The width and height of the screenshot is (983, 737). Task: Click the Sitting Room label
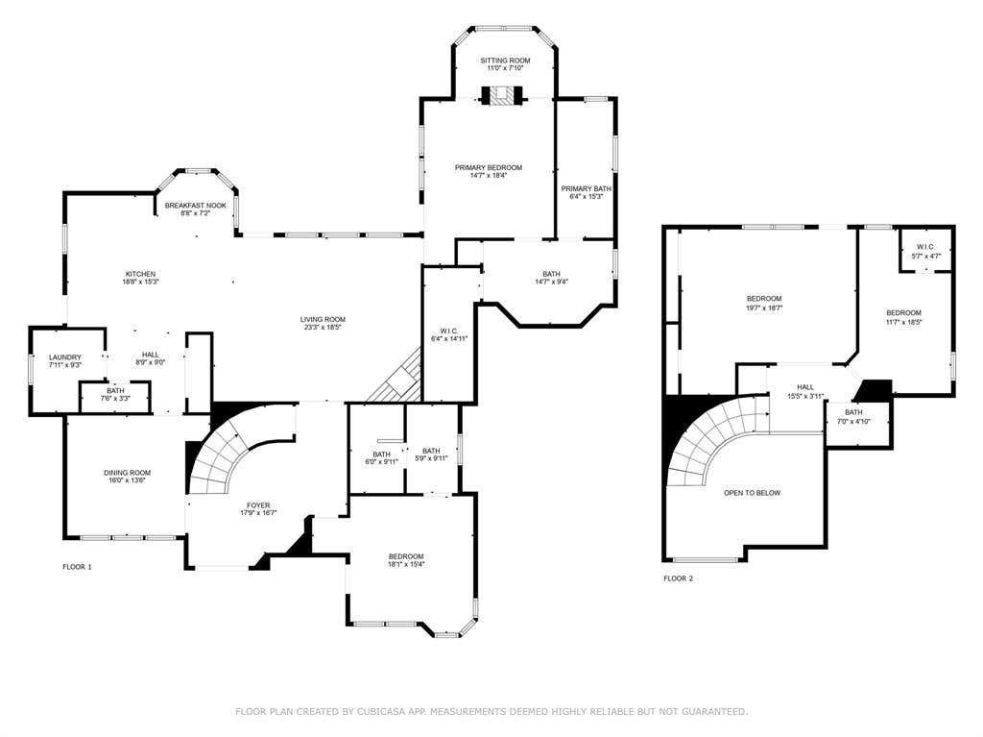coord(505,61)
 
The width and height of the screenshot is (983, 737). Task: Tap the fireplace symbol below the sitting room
coord(501,95)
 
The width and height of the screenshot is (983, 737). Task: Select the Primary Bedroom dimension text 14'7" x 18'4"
coord(489,176)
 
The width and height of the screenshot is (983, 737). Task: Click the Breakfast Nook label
coord(196,206)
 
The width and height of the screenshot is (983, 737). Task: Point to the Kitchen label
coord(140,275)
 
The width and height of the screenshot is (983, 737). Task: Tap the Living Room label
coord(323,320)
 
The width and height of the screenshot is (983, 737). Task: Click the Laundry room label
coord(65,357)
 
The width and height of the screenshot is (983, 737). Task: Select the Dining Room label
coord(128,473)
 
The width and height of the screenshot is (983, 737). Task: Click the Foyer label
coord(258,505)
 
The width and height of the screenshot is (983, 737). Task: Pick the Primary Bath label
coord(587,188)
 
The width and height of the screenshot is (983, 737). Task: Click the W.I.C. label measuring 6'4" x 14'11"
coord(449,331)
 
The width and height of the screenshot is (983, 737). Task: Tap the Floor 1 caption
coord(77,567)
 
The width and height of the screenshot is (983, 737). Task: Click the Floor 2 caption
coord(679,578)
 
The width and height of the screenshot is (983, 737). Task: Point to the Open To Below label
coord(753,493)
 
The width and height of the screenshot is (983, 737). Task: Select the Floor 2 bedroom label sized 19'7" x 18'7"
coord(764,299)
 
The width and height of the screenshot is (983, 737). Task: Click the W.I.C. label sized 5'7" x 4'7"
coord(926,247)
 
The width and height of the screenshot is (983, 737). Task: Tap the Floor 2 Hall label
coord(805,387)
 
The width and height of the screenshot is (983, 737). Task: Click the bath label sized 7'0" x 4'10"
coord(853,412)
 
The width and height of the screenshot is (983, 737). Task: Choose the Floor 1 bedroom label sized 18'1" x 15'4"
coord(406,556)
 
